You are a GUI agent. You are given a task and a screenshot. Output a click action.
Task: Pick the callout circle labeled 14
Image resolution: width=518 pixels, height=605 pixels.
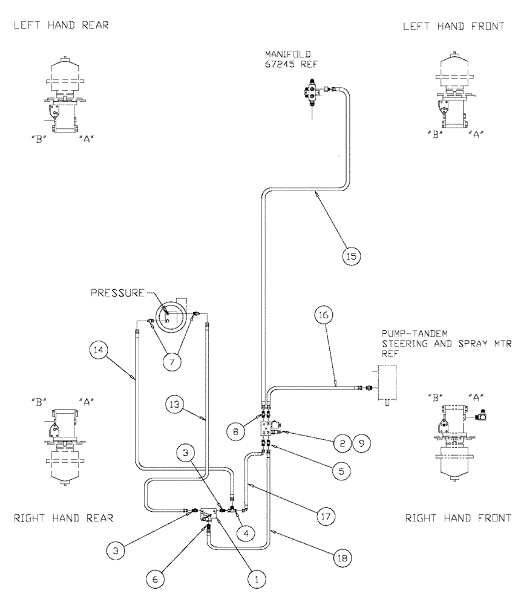tap(99, 350)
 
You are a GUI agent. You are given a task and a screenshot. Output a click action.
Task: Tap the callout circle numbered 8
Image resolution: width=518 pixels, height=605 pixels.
tap(237, 433)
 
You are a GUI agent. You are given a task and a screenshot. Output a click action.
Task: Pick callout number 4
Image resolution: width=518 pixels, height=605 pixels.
tap(246, 533)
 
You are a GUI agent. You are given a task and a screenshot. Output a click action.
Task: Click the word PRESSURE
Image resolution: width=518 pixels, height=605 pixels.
tap(117, 293)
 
